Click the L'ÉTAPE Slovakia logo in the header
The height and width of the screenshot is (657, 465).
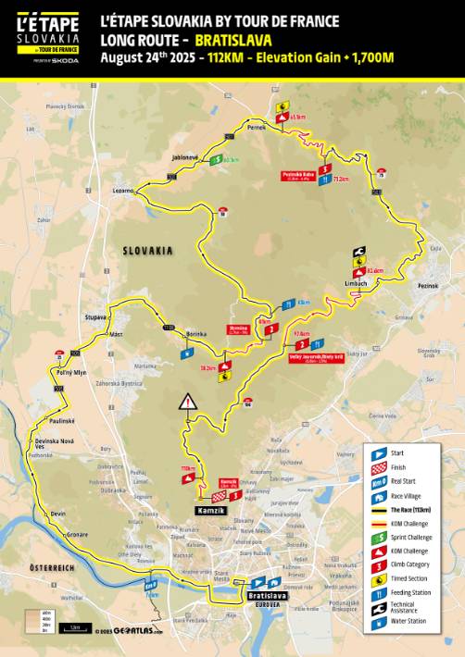pyautogui.click(x=47, y=37)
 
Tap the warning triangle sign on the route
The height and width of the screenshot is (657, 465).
pyautogui.click(x=189, y=402)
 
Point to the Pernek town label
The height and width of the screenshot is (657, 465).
pyautogui.click(x=257, y=128)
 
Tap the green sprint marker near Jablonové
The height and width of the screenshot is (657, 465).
pyautogui.click(x=215, y=159)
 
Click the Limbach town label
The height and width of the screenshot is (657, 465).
pyautogui.click(x=356, y=283)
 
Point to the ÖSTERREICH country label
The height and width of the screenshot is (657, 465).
pyautogui.click(x=50, y=566)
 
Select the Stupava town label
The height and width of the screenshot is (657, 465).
pyautogui.click(x=95, y=316)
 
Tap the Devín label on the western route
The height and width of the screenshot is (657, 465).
pyautogui.click(x=58, y=513)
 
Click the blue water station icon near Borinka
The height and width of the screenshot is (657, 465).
pyautogui.click(x=188, y=352)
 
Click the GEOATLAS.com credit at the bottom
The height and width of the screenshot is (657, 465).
pyautogui.click(x=130, y=631)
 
